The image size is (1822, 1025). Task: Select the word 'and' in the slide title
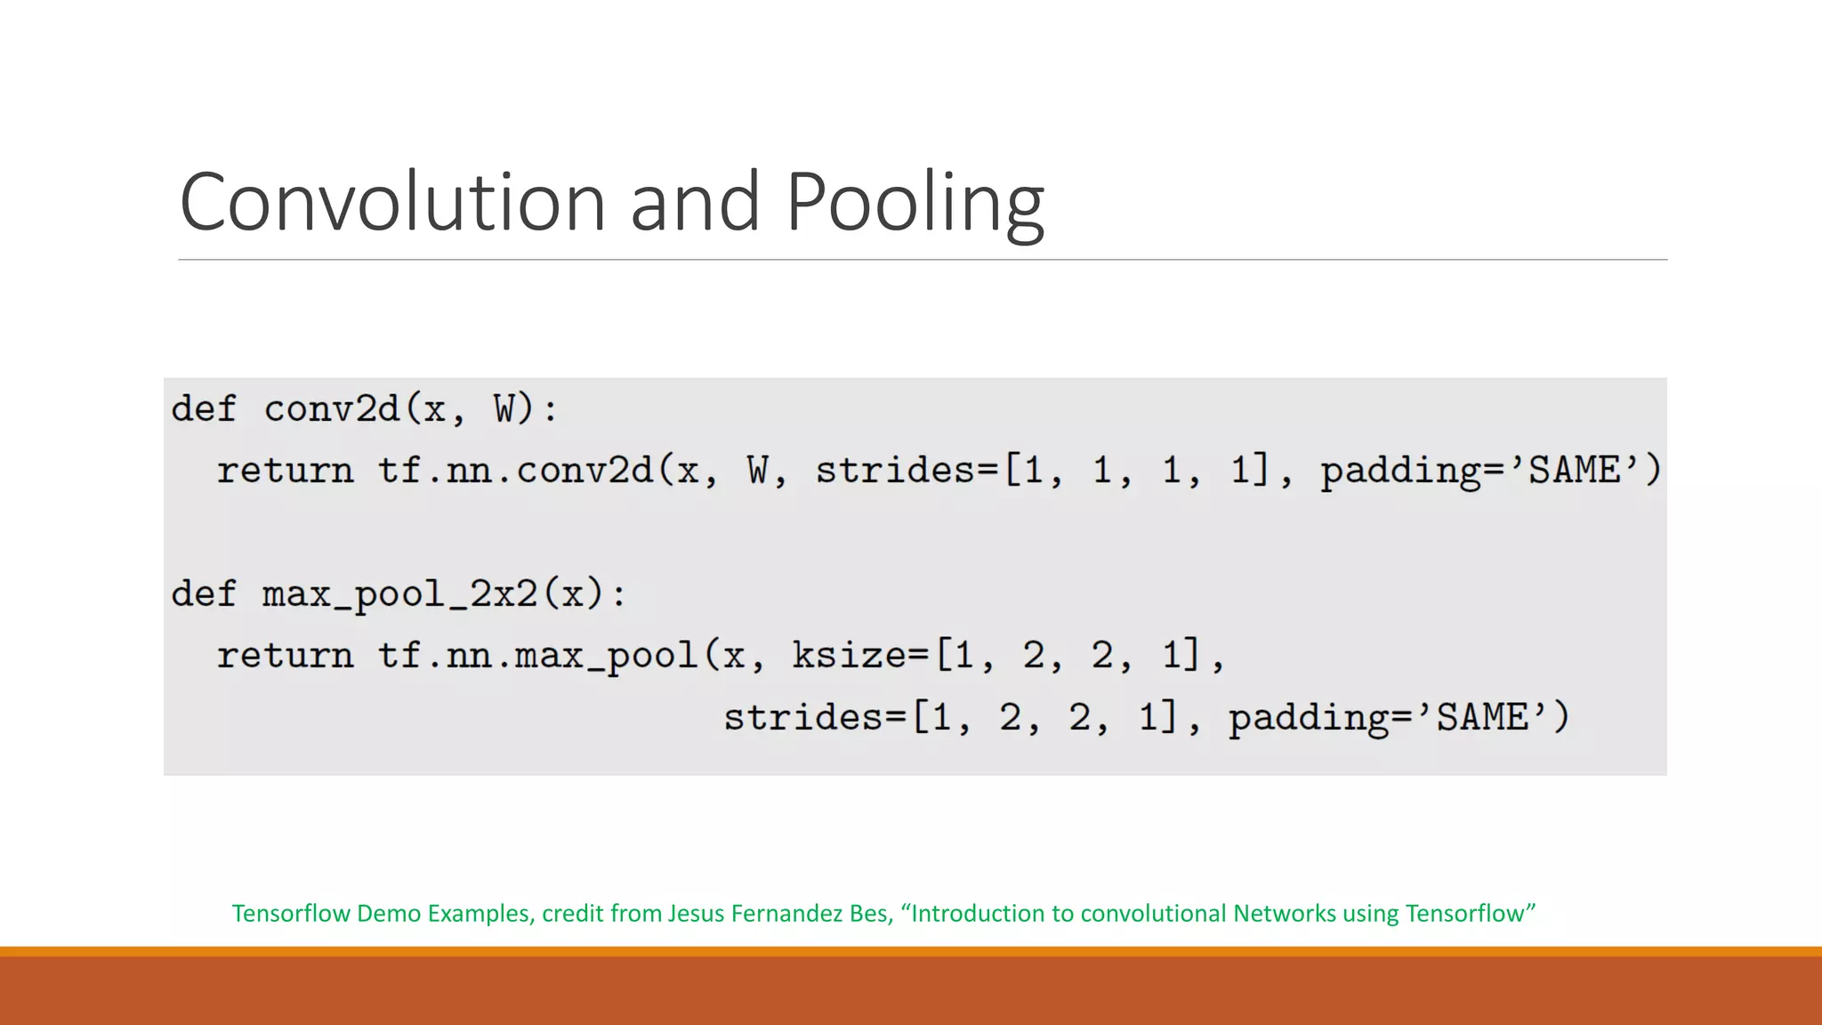tap(695, 202)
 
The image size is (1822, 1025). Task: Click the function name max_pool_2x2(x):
tap(444, 593)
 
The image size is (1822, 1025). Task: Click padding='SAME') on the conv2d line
tap(1490, 470)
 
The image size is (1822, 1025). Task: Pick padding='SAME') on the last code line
tap(1399, 717)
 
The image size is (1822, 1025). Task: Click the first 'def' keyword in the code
tap(204, 409)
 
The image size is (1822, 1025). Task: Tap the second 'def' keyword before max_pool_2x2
tap(204, 593)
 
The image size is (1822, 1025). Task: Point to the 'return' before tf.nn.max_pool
tap(285, 656)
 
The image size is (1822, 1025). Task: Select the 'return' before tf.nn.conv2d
tap(285, 470)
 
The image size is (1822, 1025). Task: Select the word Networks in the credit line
tap(1284, 914)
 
